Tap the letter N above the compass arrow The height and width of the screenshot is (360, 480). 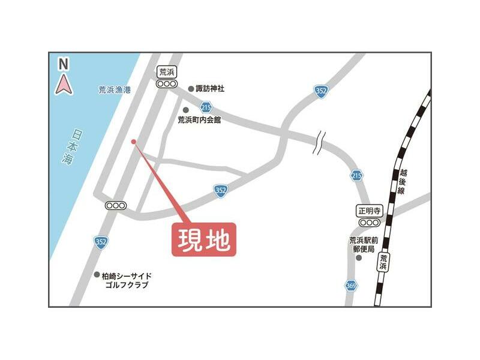click(x=64, y=63)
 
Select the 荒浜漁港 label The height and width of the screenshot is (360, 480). click(x=115, y=90)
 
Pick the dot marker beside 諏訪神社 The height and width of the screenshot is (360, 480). click(x=191, y=89)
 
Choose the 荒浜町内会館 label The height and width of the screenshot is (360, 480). click(x=199, y=120)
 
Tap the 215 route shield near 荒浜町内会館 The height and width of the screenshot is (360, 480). click(x=206, y=107)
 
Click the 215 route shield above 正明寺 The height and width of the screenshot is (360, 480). click(x=357, y=175)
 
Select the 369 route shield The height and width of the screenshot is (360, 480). click(x=351, y=286)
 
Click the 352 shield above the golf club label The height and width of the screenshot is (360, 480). click(x=101, y=241)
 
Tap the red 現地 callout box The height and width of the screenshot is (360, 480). click(x=204, y=239)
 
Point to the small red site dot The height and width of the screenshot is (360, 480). click(x=133, y=142)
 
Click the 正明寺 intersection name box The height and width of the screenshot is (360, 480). click(x=369, y=211)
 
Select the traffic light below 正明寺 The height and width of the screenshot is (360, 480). click(x=369, y=223)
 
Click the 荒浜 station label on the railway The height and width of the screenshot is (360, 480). click(x=383, y=262)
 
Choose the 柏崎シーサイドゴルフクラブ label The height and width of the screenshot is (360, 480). click(x=126, y=280)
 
